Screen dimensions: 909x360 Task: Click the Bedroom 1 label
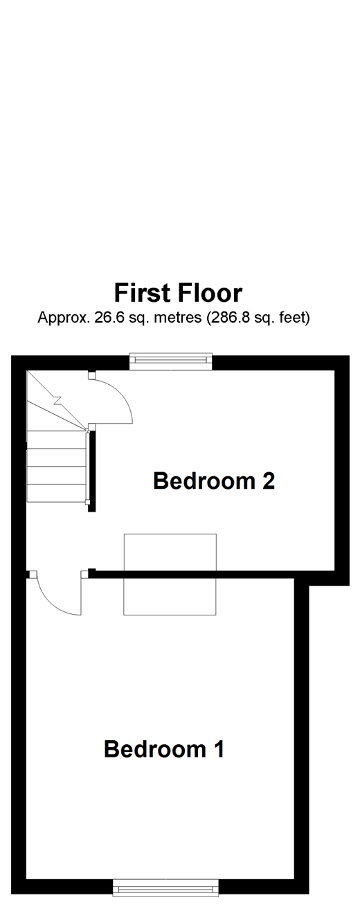[164, 749]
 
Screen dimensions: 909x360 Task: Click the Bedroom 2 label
[214, 480]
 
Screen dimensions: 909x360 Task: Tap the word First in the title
[143, 293]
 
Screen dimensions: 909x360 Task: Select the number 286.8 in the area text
[230, 318]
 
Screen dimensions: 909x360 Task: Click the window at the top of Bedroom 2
[170, 361]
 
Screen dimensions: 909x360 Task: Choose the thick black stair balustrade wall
[92, 471]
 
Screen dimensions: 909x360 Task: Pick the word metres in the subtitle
[172, 318]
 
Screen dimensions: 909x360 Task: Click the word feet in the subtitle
[290, 318]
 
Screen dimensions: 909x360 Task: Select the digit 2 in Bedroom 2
[268, 480]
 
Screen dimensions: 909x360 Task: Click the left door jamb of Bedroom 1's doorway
[33, 574]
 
